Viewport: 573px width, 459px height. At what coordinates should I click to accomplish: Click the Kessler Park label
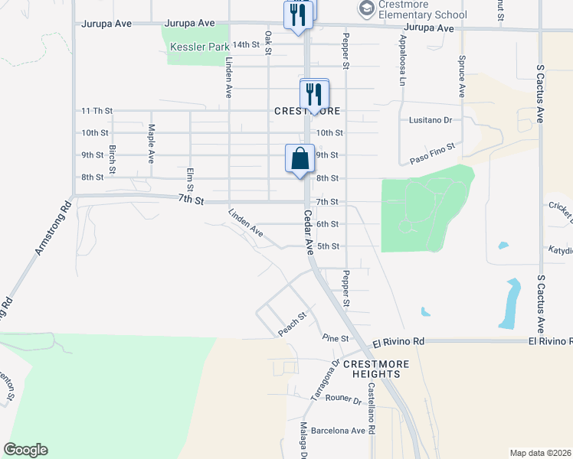click(198, 47)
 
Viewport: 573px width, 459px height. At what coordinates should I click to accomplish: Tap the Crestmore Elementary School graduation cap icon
click(365, 9)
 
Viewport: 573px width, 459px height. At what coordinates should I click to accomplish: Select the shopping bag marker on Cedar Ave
click(300, 160)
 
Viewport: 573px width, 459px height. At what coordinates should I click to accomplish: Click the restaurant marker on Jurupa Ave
click(297, 16)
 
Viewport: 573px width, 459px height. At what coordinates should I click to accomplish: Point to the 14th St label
click(247, 45)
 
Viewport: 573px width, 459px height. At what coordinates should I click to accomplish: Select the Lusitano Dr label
click(426, 120)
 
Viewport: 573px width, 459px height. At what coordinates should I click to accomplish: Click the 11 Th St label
click(97, 111)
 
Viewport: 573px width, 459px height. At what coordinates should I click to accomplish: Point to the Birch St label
click(113, 158)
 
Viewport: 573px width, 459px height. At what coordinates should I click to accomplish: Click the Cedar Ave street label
click(308, 233)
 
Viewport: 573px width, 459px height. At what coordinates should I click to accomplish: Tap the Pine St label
click(336, 338)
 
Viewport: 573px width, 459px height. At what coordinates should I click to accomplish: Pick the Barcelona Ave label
click(337, 430)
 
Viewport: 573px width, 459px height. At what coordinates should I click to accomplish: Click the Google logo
click(26, 449)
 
